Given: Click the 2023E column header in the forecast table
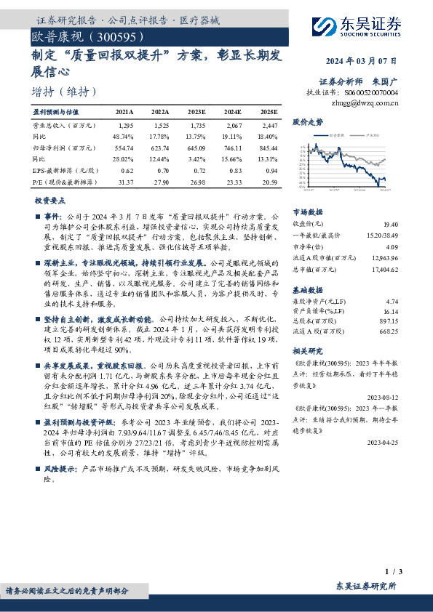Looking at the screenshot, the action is click(x=196, y=113).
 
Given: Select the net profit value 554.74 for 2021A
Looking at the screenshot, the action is click(x=124, y=147).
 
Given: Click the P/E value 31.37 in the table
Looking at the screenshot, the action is click(x=124, y=180).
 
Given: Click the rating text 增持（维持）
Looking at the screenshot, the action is click(x=64, y=92).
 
